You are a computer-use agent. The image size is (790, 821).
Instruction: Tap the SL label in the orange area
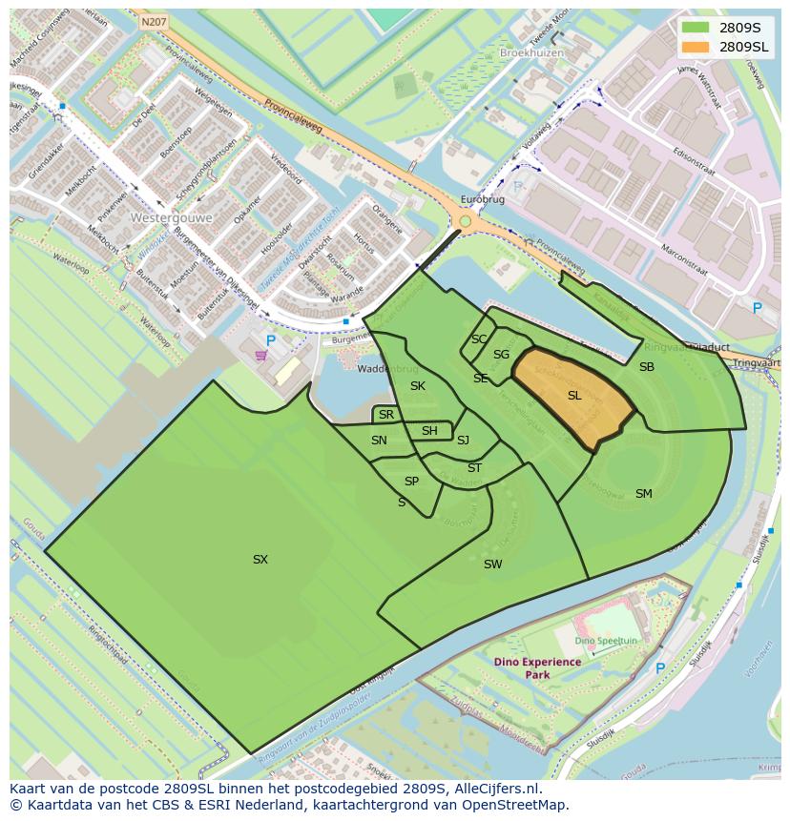point(574,395)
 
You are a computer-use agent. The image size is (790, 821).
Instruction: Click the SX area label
point(260,560)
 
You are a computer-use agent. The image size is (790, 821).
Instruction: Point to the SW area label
point(492,564)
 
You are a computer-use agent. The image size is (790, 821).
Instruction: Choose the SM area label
point(643,493)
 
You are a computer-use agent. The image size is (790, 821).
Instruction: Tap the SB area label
point(646,366)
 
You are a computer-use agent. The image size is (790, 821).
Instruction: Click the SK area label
point(417,386)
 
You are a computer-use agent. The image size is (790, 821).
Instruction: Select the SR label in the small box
point(385,415)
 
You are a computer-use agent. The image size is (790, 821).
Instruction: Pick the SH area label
point(429,431)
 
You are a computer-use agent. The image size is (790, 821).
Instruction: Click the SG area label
point(501,355)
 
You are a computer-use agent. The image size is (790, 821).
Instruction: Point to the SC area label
point(479,339)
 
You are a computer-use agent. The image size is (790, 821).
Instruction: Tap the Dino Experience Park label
point(537,667)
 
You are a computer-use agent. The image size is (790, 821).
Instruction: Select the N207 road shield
point(153,20)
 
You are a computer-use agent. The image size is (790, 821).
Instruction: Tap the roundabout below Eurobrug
point(466,222)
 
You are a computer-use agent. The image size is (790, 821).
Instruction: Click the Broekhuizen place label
point(530,53)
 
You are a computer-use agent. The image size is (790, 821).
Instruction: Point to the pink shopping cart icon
point(260,356)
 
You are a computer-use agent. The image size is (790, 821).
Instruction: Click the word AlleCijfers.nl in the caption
point(495,789)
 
